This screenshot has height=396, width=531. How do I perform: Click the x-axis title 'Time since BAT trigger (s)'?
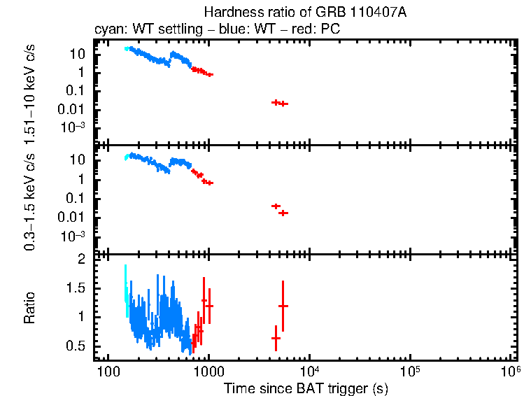pyautogui.click(x=306, y=388)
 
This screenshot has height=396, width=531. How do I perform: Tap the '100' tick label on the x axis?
pyautogui.click(x=107, y=371)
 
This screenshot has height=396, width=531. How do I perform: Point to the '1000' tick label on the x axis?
pyautogui.click(x=208, y=371)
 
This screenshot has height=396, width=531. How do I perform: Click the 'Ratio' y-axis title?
pyautogui.click(x=30, y=308)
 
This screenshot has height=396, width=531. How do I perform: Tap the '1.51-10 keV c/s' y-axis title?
pyautogui.click(x=30, y=91)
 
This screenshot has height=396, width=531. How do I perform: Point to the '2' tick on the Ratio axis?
pyautogui.click(x=81, y=260)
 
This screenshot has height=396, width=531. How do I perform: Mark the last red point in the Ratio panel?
pyautogui.click(x=283, y=306)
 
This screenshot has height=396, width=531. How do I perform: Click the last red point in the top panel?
pyautogui.click(x=283, y=104)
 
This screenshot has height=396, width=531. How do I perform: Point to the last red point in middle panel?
pyautogui.click(x=283, y=213)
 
